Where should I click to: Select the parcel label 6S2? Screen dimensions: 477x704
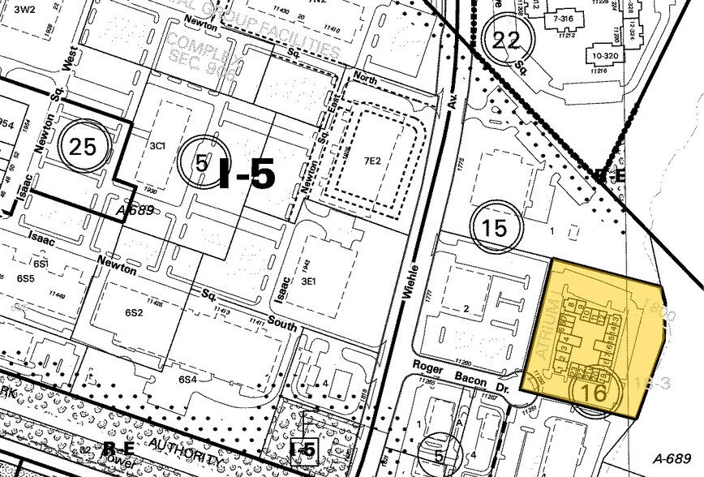[x=135, y=312]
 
